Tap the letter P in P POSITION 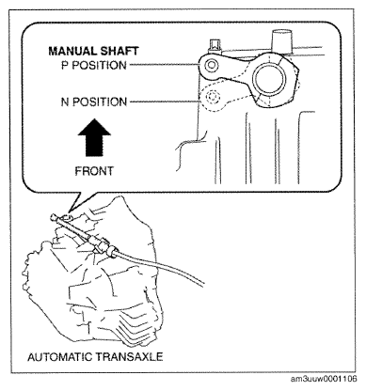tap(64, 65)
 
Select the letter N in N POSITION tap(65, 102)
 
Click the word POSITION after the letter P tap(99, 65)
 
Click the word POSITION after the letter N tap(100, 102)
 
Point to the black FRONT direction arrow tap(94, 137)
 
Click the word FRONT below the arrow tap(94, 171)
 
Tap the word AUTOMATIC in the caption tap(59, 357)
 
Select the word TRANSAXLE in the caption tap(129, 357)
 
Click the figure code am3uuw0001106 tap(324, 379)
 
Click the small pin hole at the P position tap(211, 65)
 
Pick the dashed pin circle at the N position tap(213, 97)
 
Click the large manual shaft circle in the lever tap(270, 78)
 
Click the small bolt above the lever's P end tap(215, 45)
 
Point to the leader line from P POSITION tap(165, 65)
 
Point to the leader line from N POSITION tap(165, 102)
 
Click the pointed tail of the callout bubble tap(70, 211)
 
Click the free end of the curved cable tap(203, 283)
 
